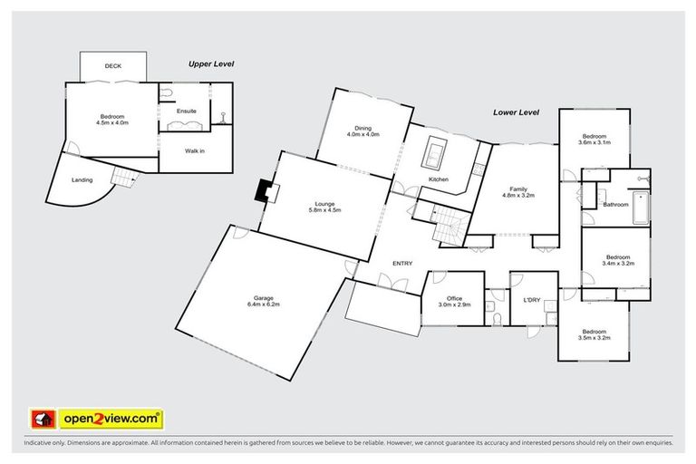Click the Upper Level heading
[210, 64]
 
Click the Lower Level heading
[516, 112]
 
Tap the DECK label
[112, 66]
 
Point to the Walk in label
[194, 150]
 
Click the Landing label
[82, 179]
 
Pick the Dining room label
[362, 131]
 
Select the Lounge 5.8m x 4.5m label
[324, 207]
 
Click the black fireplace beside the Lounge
[265, 189]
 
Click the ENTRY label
[402, 264]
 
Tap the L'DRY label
[532, 298]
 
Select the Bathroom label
[616, 205]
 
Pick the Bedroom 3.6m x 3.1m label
[594, 140]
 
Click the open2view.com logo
[111, 419]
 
